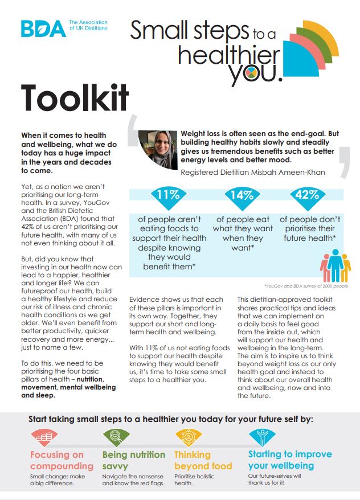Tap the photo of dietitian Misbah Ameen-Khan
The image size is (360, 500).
pos(158,150)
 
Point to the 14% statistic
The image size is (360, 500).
pos(242,195)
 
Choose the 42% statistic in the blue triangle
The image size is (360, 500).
pos(307,195)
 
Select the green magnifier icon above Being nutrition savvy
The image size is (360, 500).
pos(116,437)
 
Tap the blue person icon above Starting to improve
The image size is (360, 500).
pos(263,437)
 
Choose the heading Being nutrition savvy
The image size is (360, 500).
pos(134,460)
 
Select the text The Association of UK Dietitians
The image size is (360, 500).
pos(88,25)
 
